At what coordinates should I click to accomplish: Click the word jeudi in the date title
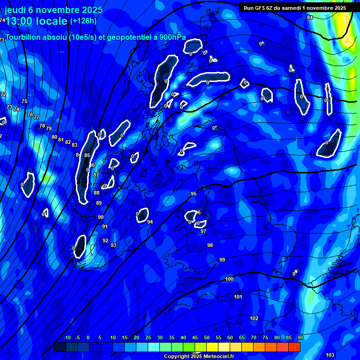coord(15,9)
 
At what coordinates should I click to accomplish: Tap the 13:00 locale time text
coord(36,21)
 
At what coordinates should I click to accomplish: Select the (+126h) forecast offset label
coord(83,21)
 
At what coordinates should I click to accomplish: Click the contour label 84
coord(310,17)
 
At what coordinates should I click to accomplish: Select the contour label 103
coord(330,355)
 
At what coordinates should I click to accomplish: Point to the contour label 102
coord(254,318)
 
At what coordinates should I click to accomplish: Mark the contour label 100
coord(229,279)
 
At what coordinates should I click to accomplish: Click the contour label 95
coord(194,194)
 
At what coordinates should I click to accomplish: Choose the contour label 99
coord(222,260)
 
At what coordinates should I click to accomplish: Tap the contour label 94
coord(150,222)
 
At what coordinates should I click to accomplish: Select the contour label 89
coord(99,203)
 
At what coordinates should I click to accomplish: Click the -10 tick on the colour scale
coord(67,337)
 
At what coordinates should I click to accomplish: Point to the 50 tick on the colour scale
coord(207,337)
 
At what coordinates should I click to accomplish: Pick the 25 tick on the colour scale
coord(148,337)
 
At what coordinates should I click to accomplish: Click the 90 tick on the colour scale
coord(300,337)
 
